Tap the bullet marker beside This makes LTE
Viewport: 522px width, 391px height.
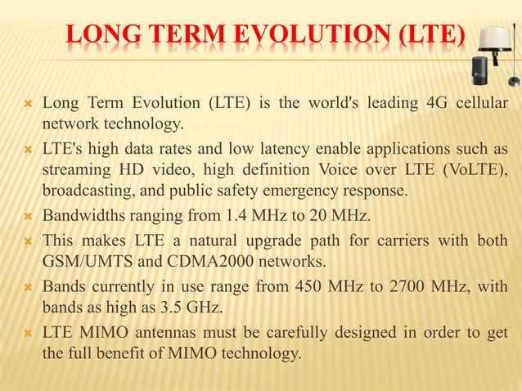pos(28,241)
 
